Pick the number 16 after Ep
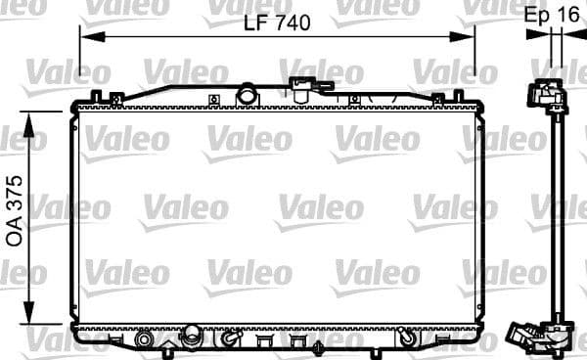coord(566,15)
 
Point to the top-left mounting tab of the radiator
coord(96,96)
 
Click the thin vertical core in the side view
coord(556,215)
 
